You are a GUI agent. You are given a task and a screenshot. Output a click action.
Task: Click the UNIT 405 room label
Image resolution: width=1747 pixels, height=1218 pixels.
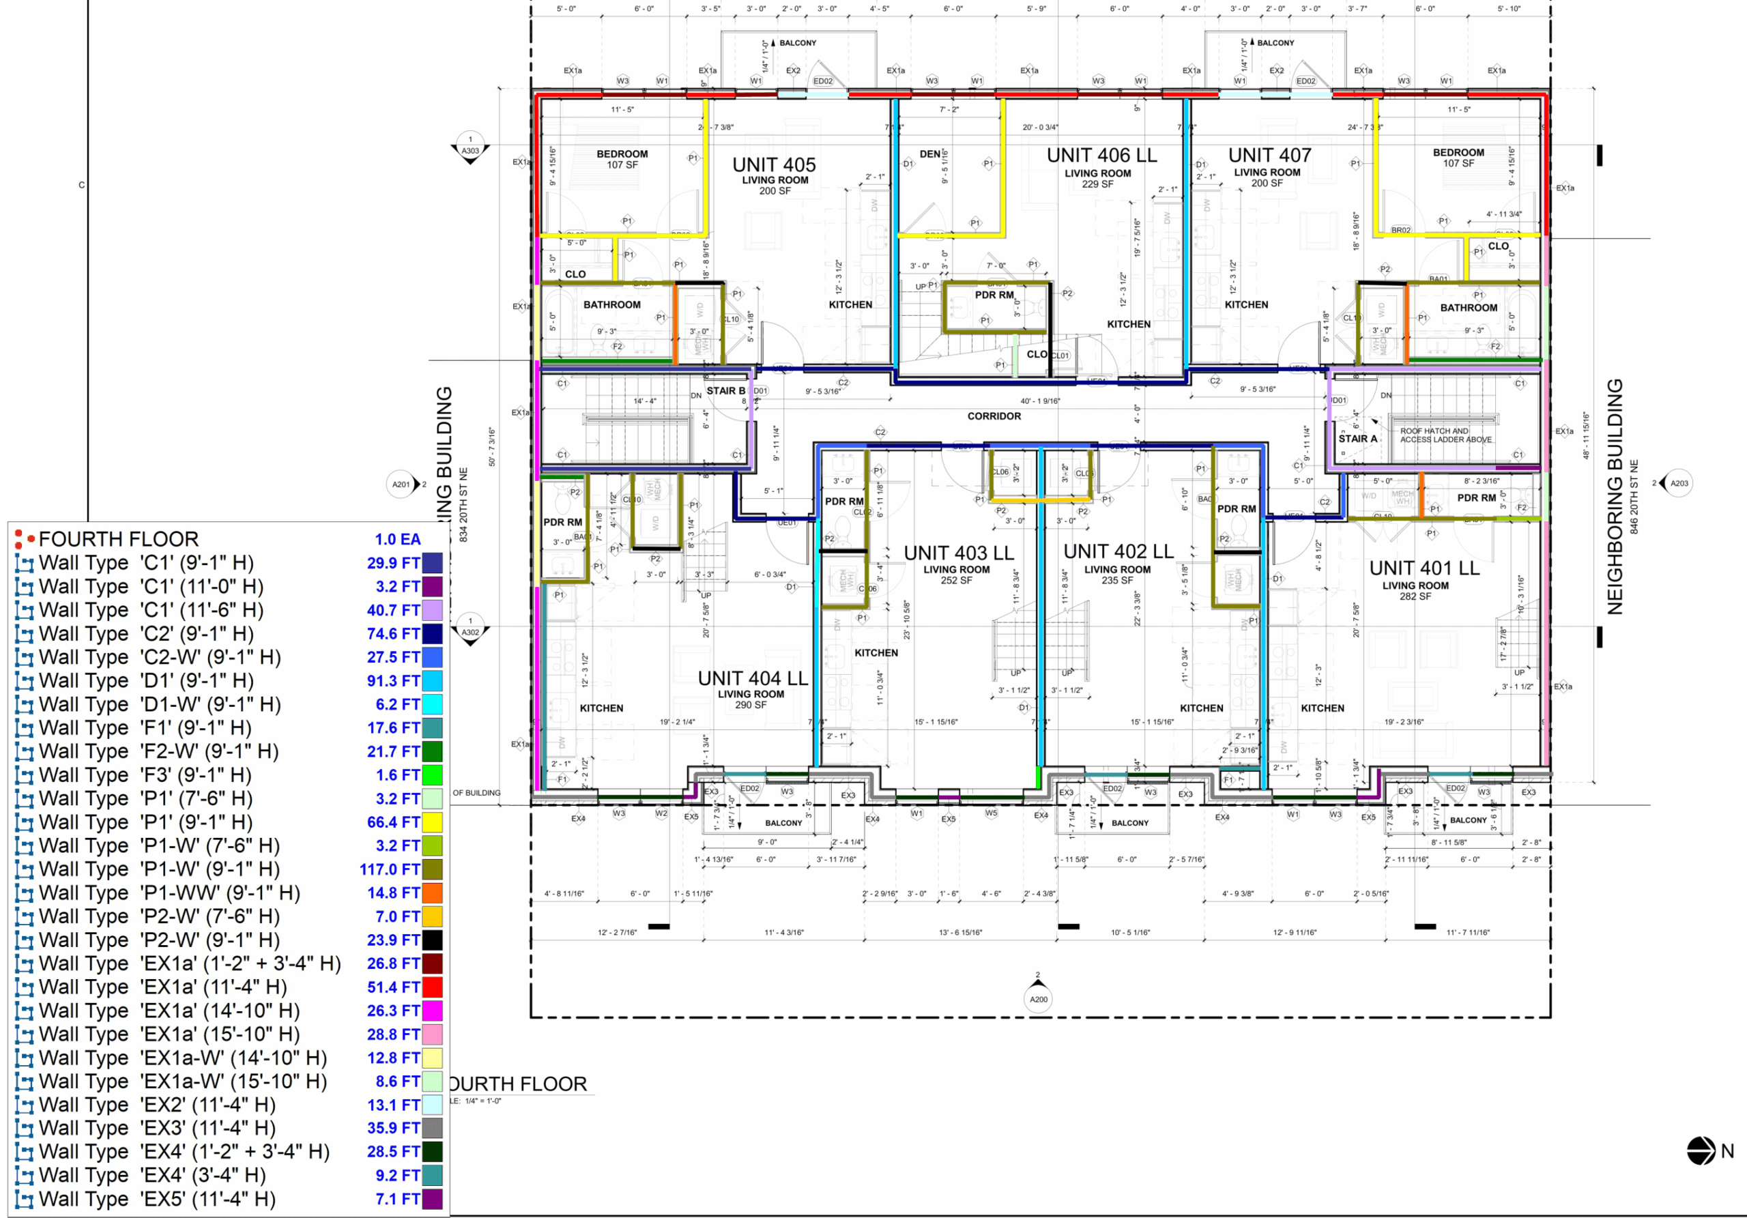point(774,165)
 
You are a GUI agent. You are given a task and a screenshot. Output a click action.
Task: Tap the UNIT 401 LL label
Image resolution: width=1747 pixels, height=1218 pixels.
point(1424,568)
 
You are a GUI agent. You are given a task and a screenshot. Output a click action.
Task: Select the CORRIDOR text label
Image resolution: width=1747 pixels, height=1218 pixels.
point(994,416)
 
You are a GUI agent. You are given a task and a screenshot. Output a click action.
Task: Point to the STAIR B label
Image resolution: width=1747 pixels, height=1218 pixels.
point(725,391)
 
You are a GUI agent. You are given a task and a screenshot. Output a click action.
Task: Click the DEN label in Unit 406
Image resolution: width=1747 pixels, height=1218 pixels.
point(930,154)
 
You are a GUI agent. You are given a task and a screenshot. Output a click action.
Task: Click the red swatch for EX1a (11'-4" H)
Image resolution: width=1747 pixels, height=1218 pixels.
point(432,987)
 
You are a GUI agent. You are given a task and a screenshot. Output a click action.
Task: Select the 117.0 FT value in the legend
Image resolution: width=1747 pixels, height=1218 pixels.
point(390,869)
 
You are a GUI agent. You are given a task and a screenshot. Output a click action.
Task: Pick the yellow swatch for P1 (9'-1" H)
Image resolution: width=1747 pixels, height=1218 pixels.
point(432,822)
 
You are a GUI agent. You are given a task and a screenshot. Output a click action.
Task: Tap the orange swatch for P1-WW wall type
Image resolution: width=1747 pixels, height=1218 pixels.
point(432,893)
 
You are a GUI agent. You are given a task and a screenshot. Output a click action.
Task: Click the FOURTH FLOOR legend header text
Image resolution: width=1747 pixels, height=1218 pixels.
point(119,539)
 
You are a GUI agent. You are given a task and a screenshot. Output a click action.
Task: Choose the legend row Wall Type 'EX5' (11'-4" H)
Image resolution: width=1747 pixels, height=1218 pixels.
point(157,1198)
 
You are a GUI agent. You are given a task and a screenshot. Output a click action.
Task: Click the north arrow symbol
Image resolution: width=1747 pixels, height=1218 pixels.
point(1701,1151)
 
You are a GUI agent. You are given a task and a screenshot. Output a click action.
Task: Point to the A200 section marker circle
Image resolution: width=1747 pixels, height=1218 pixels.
point(1038,1000)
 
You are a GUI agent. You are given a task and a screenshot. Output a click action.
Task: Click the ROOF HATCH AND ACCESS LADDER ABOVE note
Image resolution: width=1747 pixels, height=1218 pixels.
point(1445,435)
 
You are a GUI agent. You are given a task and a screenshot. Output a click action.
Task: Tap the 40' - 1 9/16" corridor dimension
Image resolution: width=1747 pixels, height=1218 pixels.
point(1039,401)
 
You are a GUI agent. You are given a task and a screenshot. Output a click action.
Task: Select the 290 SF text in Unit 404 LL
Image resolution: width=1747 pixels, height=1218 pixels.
point(750,706)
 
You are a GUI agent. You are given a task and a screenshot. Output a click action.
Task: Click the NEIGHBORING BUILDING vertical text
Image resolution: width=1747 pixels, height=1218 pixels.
point(1615,496)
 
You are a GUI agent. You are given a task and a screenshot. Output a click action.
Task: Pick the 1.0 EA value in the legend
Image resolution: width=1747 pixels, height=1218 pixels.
point(397,539)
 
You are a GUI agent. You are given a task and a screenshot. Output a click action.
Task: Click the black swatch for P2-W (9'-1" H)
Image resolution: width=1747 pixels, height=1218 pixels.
point(432,940)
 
